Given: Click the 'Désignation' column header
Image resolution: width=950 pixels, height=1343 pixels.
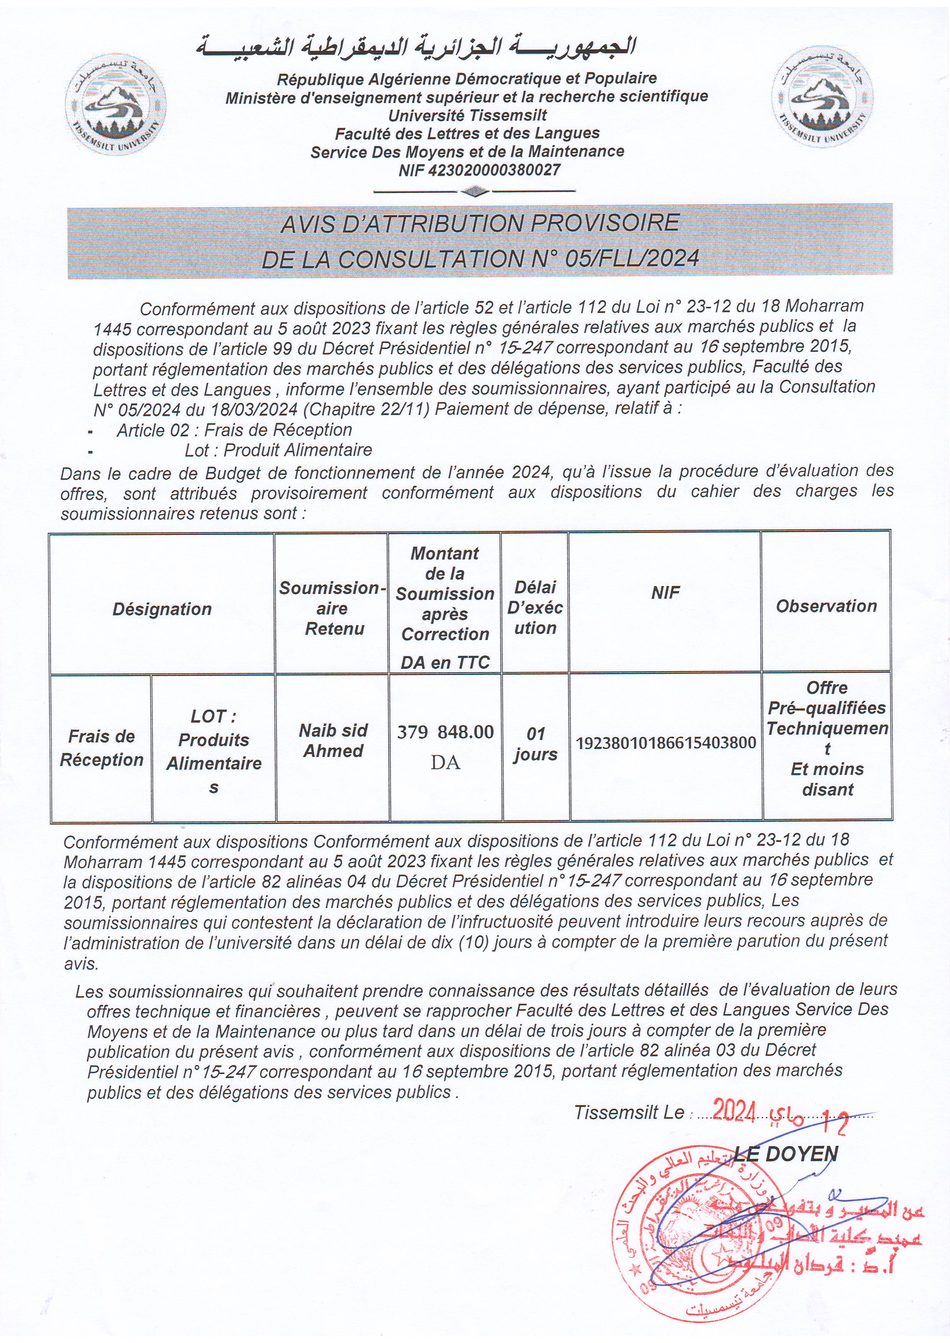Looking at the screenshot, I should (x=162, y=609).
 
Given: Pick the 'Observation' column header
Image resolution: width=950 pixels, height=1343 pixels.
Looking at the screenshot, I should (x=826, y=606).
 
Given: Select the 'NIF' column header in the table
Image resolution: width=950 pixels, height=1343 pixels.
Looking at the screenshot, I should (x=665, y=593).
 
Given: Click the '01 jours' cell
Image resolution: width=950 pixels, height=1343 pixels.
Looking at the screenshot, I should (x=535, y=743).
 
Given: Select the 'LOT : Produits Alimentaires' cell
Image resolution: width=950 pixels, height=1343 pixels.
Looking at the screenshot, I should (x=214, y=751).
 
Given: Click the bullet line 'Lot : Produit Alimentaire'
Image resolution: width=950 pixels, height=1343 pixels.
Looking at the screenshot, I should (x=278, y=450).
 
